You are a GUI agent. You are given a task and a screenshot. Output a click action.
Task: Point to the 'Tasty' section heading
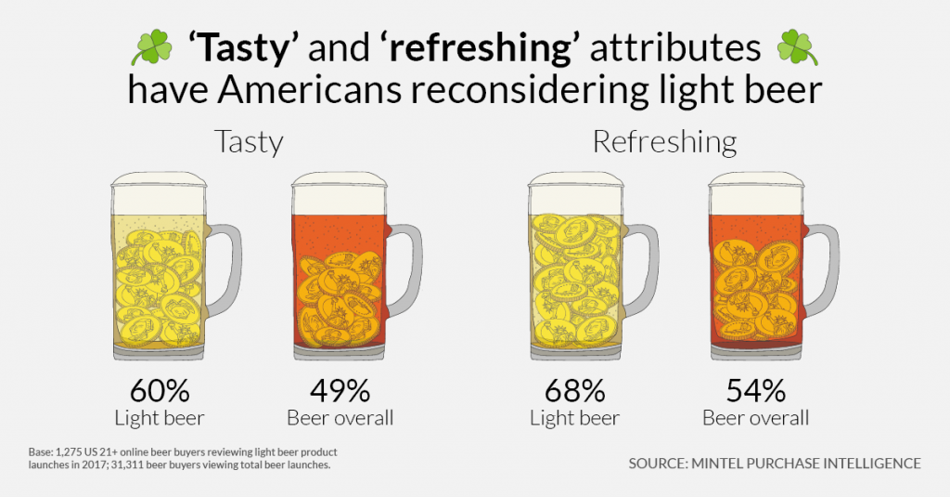pyautogui.click(x=248, y=142)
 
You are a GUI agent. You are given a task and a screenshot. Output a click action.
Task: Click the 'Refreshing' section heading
pyautogui.click(x=664, y=142)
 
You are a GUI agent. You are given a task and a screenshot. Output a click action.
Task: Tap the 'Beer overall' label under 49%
pyautogui.click(x=340, y=417)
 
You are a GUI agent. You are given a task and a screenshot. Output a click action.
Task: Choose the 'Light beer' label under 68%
pyautogui.click(x=574, y=417)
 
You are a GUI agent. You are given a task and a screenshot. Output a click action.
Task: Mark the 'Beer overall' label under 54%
pyautogui.click(x=755, y=417)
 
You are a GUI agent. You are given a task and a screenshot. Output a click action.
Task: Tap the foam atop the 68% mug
pyautogui.click(x=574, y=185)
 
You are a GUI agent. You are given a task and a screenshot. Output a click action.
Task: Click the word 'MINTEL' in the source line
pyautogui.click(x=726, y=463)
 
